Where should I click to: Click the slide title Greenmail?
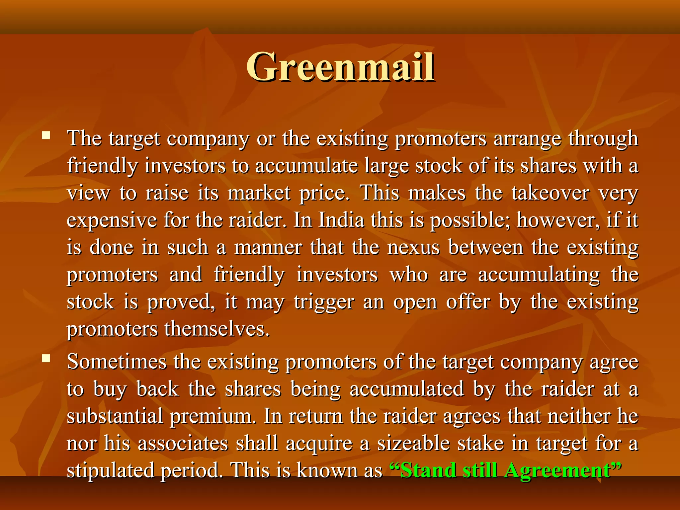click(x=340, y=67)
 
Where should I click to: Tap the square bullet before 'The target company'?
click(x=46, y=135)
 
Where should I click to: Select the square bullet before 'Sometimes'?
click(x=46, y=358)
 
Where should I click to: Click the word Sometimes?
click(x=117, y=362)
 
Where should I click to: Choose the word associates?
click(x=183, y=444)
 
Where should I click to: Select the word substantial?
click(x=115, y=416)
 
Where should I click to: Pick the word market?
click(x=259, y=193)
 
